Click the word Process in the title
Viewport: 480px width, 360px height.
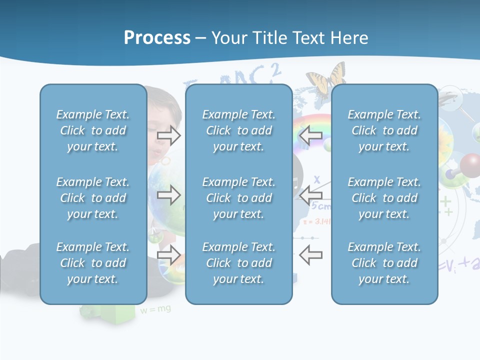pyautogui.click(x=157, y=38)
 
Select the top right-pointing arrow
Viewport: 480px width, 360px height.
pyautogui.click(x=169, y=135)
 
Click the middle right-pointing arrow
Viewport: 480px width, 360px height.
pyautogui.click(x=169, y=195)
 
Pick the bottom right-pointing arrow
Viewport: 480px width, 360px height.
pyautogui.click(x=169, y=255)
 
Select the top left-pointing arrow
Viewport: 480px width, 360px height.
pyautogui.click(x=310, y=135)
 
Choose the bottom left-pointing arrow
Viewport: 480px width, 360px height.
pyautogui.click(x=310, y=255)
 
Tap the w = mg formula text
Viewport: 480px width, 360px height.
pyautogui.click(x=155, y=309)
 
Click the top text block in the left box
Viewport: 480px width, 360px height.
pyautogui.click(x=93, y=130)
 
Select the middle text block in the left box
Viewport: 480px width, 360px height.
pyautogui.click(x=93, y=198)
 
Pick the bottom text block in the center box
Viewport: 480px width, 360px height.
pyautogui.click(x=238, y=263)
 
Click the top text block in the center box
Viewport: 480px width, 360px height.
pyautogui.click(x=238, y=130)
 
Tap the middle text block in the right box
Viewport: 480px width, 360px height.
pyautogui.click(x=384, y=198)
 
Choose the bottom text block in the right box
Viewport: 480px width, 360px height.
pyautogui.click(x=384, y=263)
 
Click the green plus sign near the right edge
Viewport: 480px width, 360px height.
pyautogui.click(x=445, y=201)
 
